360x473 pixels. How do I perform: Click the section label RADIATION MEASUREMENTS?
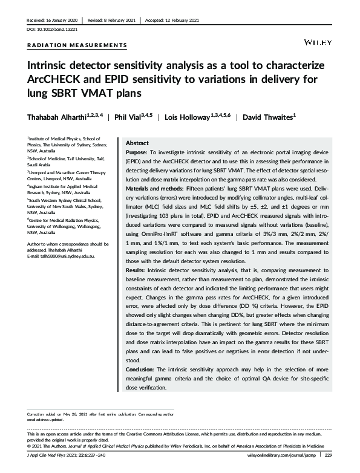pos(77,45)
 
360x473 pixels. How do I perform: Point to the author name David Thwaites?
pos(267,116)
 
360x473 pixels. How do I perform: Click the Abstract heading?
pos(137,143)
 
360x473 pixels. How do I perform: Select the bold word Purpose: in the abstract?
pos(139,154)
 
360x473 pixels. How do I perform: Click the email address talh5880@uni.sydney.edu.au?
pos(66,256)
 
